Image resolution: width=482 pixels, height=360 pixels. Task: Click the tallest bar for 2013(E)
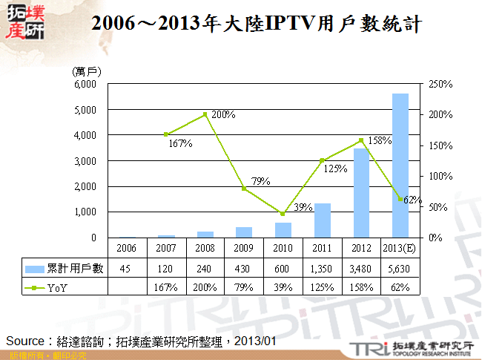point(400,165)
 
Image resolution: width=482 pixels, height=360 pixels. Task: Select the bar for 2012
point(361,193)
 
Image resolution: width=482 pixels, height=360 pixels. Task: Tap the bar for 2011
point(323,220)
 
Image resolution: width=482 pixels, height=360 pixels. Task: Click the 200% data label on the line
point(223,115)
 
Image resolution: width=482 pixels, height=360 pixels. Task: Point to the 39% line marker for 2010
point(283,214)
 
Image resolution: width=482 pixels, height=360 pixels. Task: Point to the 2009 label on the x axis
point(244,246)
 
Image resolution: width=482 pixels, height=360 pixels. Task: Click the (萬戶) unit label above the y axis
point(87,71)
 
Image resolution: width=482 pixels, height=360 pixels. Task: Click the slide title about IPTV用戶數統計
point(257,24)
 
